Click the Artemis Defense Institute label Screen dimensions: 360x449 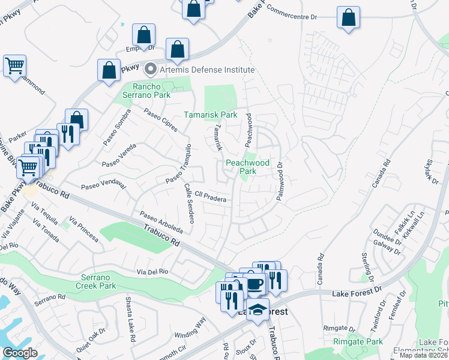pos(207,70)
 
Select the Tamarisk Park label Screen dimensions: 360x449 pos(210,115)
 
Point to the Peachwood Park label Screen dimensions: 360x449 pos(247,167)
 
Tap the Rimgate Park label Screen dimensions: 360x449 pos(358,342)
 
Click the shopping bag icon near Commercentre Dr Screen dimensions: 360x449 pos(348,18)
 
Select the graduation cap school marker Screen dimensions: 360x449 pos(258,310)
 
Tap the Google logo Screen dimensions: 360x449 pos(20,353)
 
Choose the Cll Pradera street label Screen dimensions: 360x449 pos(210,196)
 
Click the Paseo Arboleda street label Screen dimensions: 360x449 pos(161,221)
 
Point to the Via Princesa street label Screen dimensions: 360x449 pos(83,229)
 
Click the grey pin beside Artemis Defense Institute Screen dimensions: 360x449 pos(151,70)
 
